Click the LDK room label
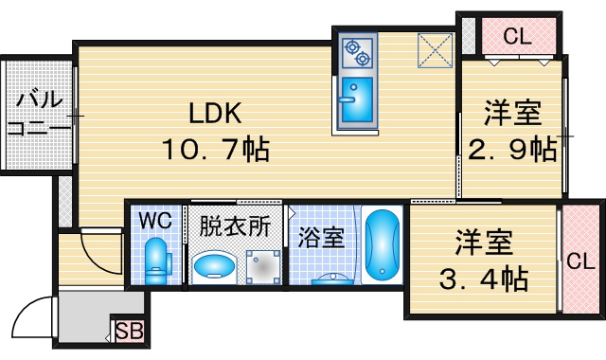click(x=215, y=113)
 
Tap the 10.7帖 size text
click(x=216, y=150)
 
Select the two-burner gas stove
click(x=358, y=53)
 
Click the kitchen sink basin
click(x=358, y=99)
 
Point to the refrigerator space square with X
click(x=435, y=50)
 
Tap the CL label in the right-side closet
click(x=580, y=261)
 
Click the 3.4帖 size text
click(x=484, y=279)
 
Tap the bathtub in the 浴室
click(x=382, y=244)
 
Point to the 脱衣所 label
click(x=235, y=225)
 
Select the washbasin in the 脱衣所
click(x=214, y=265)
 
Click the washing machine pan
click(x=263, y=267)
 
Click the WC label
click(x=155, y=221)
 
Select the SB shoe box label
click(x=130, y=332)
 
